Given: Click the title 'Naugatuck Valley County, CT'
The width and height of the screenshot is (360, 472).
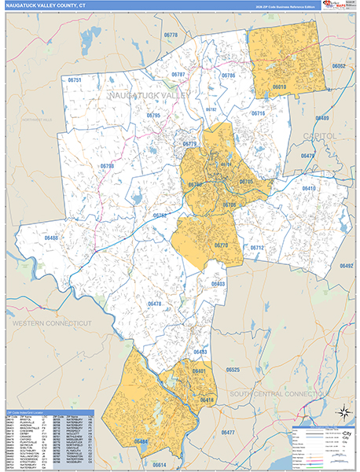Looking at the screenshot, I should (46, 7).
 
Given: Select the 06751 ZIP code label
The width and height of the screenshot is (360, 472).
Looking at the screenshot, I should (75, 79).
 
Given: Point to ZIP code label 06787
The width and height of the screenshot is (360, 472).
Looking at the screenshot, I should (178, 75).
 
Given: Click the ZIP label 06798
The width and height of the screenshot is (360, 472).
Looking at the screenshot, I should (107, 166).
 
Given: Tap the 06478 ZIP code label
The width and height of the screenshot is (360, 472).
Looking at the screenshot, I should (154, 304).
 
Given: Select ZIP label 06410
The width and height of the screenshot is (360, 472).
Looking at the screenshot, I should (308, 189).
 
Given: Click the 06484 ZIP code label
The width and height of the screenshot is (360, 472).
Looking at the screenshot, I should (141, 442).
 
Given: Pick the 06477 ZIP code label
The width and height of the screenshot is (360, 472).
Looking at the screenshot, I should (228, 433).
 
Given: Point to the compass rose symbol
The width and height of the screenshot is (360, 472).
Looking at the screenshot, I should (343, 412).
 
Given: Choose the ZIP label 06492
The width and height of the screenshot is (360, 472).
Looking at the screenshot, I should (346, 266).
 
